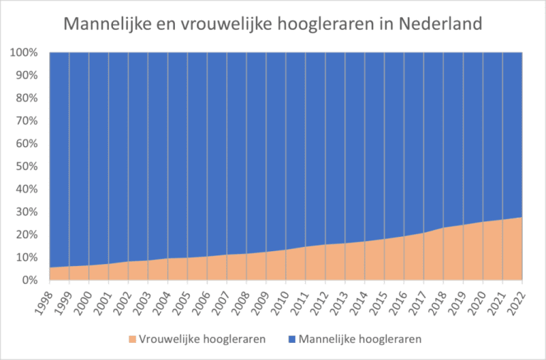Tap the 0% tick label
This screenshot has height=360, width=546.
tap(31, 280)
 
